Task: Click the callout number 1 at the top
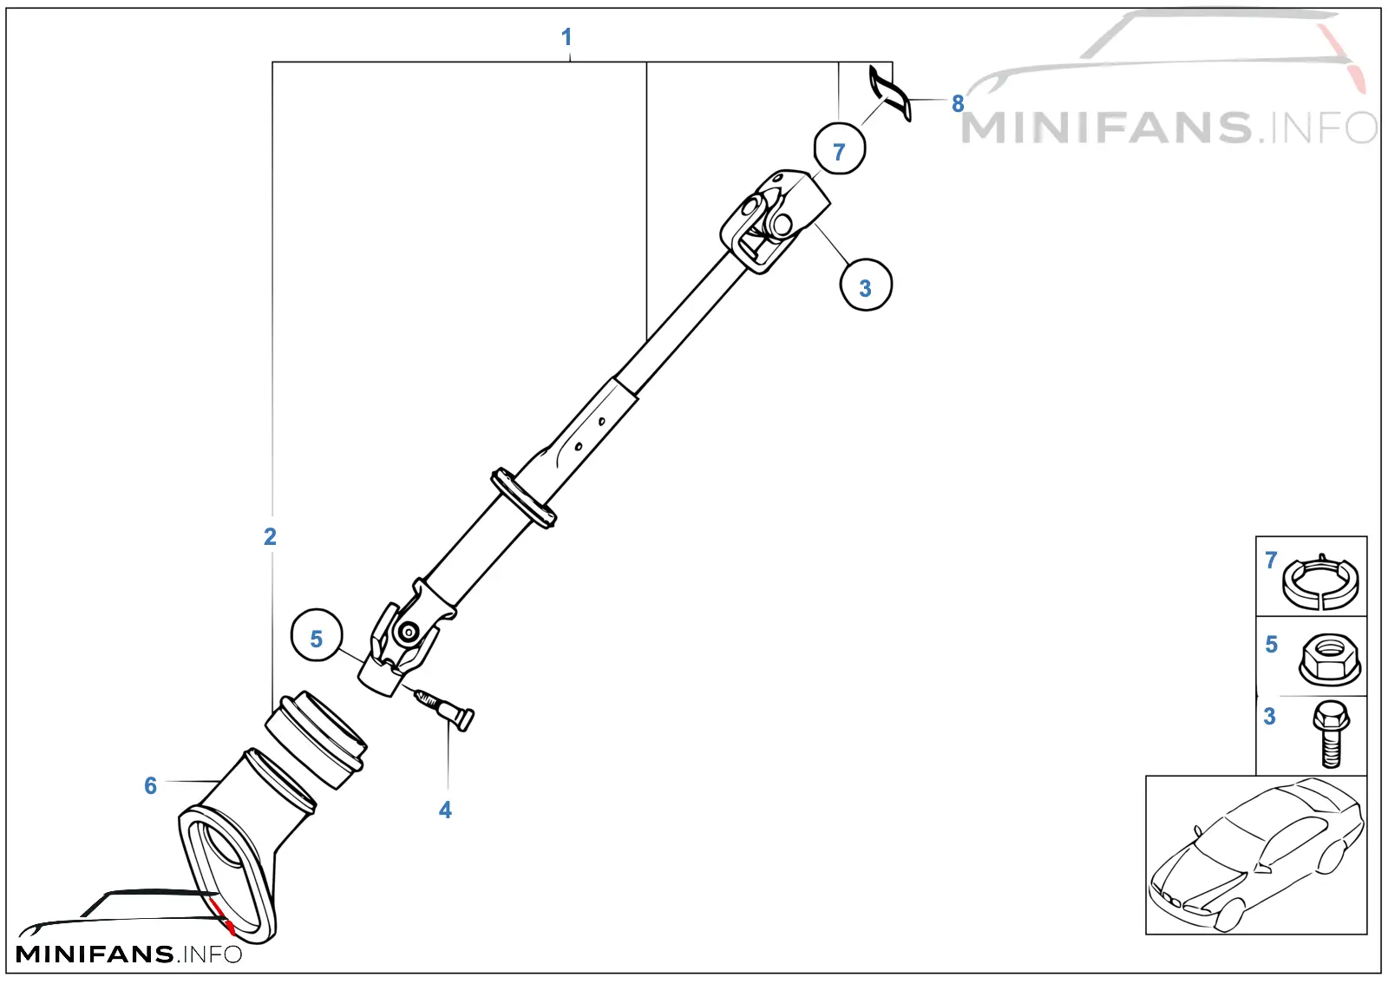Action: [x=566, y=36]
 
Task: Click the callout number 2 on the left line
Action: [x=270, y=536]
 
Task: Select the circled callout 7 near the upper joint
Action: [x=840, y=148]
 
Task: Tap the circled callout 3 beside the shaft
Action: [x=866, y=285]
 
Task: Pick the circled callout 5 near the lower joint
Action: [x=317, y=635]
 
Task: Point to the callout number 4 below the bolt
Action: [x=445, y=810]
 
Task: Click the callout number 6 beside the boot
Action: [x=151, y=785]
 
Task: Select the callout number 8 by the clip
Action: [x=958, y=103]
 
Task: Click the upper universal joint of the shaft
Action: [x=774, y=220]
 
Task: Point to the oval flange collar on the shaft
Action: [x=524, y=499]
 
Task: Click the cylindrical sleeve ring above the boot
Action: [x=317, y=740]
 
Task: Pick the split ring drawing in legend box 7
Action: [x=1319, y=584]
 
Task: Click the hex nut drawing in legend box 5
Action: [x=1330, y=660]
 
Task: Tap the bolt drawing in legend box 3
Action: [x=1331, y=734]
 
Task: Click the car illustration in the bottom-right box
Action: [x=1257, y=855]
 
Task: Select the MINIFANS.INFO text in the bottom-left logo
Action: [x=129, y=954]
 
